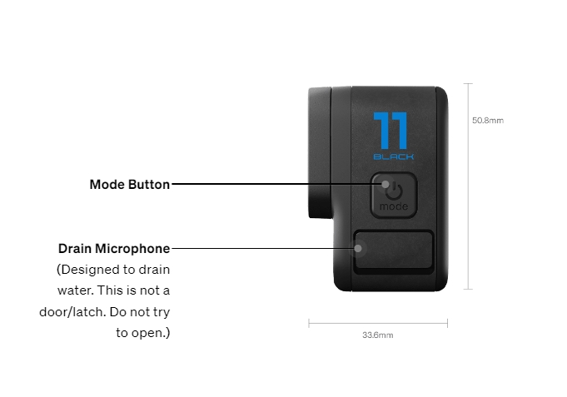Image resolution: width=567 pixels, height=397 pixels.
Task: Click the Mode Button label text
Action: (x=129, y=185)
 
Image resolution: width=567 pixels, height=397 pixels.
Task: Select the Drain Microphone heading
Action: (x=114, y=249)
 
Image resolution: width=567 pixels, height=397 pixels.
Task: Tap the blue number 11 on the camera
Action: (x=390, y=131)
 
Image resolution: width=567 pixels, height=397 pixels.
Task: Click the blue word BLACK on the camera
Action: (x=394, y=156)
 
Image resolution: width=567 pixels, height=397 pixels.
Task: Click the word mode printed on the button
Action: (x=394, y=206)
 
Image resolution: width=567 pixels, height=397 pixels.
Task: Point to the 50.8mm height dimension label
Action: (x=488, y=121)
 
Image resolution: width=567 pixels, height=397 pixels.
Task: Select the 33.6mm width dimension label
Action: (x=378, y=335)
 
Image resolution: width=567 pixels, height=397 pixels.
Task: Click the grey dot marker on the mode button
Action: (x=385, y=185)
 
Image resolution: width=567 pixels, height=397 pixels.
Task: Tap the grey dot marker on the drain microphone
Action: (x=358, y=248)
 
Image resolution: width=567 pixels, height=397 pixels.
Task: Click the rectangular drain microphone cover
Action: (x=394, y=251)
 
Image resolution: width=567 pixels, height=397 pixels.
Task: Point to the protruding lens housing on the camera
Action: (x=321, y=152)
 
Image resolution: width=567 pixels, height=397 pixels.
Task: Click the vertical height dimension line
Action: (x=468, y=186)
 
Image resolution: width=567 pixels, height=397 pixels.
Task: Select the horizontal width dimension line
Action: (x=378, y=323)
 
